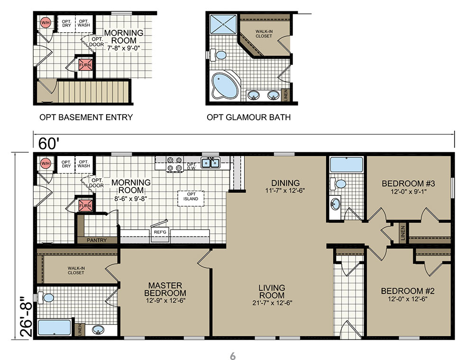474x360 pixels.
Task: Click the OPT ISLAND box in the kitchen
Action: [x=191, y=198]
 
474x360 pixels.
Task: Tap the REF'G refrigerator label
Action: [x=160, y=232]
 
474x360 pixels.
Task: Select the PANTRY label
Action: [x=97, y=240]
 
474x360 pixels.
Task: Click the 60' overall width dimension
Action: [x=48, y=143]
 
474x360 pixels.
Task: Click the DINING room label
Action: [x=285, y=183]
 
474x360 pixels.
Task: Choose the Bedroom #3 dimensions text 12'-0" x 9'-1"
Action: [x=409, y=192]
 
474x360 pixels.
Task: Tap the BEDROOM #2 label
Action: [x=408, y=291]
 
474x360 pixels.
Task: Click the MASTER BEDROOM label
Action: [x=165, y=289]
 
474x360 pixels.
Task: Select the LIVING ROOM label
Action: [x=272, y=291]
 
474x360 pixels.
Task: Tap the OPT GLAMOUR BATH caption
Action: [x=248, y=117]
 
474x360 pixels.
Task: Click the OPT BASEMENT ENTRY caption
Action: [x=86, y=117]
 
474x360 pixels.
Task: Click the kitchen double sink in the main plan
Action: [x=210, y=163]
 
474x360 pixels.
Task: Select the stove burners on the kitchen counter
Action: [x=175, y=164]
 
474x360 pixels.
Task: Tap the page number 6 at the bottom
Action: [x=233, y=356]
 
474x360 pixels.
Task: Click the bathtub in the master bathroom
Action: [x=55, y=327]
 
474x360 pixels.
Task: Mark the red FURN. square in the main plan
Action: [x=85, y=205]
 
